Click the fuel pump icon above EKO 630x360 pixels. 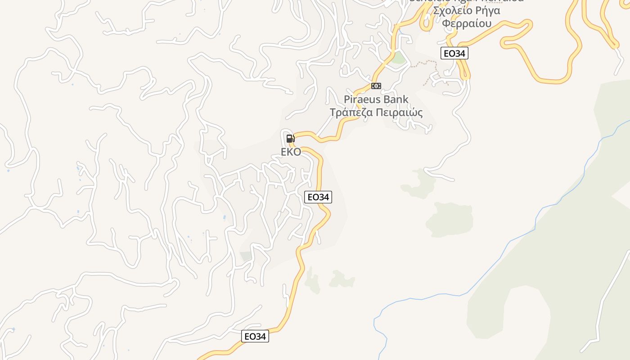pos(290,139)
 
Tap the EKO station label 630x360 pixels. pos(291,152)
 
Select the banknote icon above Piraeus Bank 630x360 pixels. pos(376,86)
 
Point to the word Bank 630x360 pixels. pos(396,99)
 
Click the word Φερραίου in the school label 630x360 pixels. pos(466,23)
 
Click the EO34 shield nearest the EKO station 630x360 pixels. pos(318,197)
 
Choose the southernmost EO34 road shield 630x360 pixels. pos(255,336)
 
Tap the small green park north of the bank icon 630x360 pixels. pos(398,58)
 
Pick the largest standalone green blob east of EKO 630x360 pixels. pos(450,219)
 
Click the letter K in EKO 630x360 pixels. pos(290,152)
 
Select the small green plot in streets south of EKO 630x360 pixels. pos(246,256)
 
